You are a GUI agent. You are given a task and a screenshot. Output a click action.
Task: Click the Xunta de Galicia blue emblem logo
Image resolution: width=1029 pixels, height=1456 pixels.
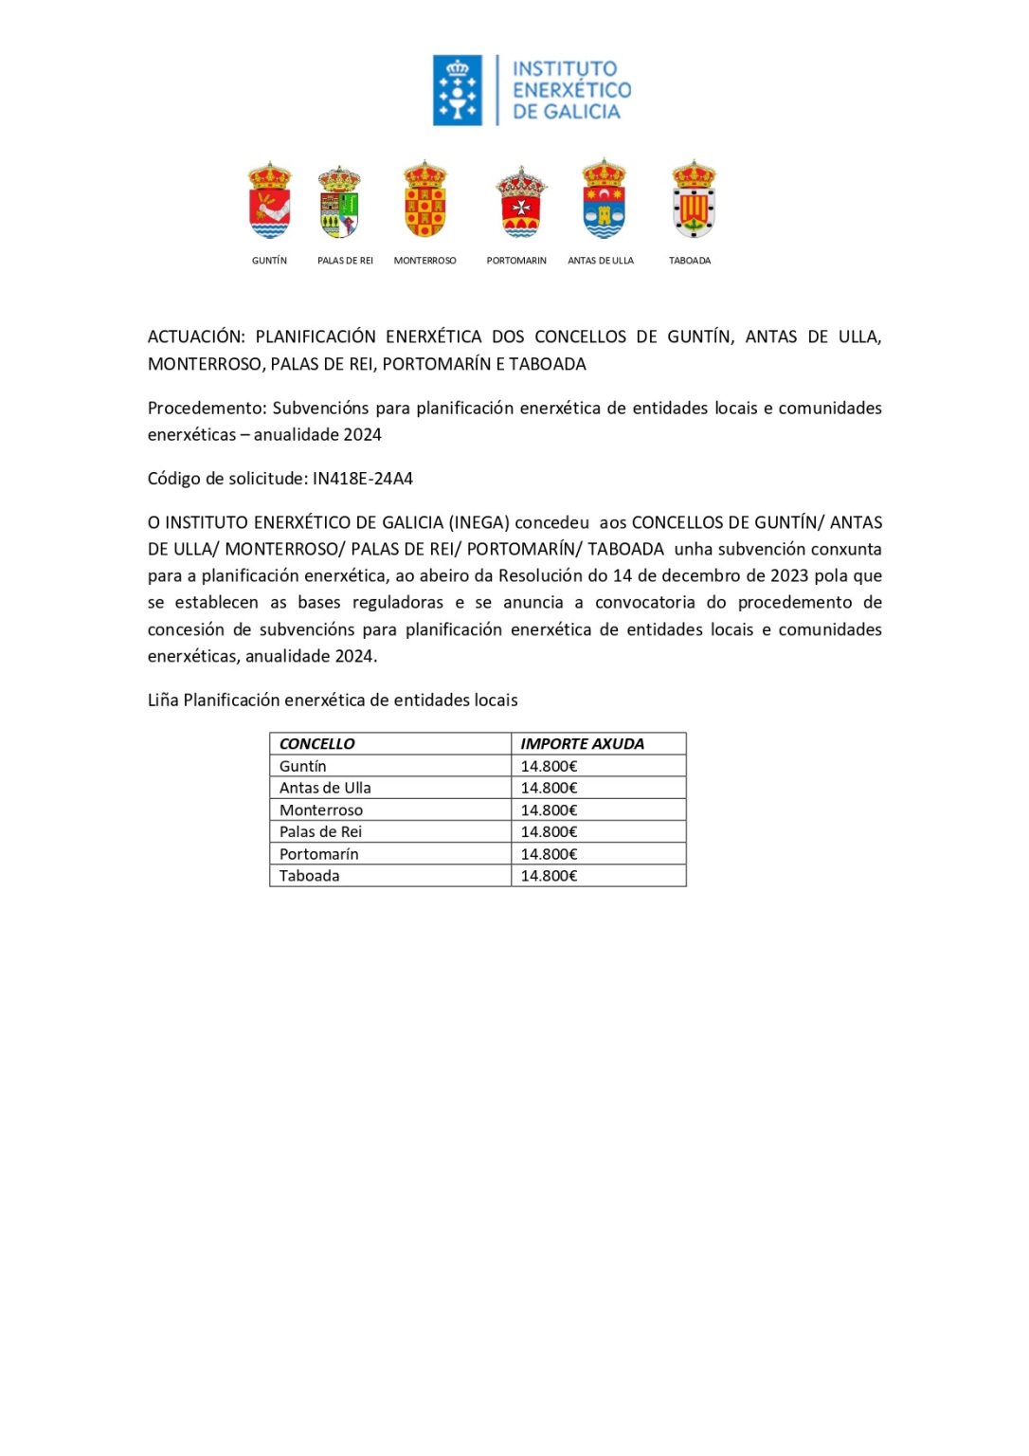[458, 90]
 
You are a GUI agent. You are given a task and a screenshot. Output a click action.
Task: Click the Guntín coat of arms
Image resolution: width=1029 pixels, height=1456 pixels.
[269, 201]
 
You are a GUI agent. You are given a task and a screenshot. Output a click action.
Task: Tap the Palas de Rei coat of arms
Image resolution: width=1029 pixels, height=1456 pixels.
[339, 202]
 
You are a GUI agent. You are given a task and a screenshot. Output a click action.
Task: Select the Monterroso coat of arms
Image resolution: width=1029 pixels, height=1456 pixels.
[424, 200]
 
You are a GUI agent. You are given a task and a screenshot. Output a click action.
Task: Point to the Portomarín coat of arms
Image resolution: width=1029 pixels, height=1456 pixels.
[521, 202]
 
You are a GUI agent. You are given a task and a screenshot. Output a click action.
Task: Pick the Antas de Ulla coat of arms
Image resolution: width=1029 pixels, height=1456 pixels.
[604, 199]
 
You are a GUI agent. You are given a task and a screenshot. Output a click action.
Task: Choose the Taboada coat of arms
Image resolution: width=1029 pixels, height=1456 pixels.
[694, 200]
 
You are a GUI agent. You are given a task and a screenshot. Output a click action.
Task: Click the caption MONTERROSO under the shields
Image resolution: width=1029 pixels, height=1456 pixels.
[424, 261]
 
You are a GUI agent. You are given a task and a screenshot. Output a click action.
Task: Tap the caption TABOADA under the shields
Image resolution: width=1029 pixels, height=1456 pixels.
[690, 261]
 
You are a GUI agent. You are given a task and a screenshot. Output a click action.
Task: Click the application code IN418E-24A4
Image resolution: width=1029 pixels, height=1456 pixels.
[363, 479]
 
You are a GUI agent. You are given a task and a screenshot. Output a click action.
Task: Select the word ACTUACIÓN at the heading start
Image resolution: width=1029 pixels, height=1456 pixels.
[196, 337]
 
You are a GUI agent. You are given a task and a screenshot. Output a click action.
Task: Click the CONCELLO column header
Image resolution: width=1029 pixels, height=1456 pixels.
[317, 744]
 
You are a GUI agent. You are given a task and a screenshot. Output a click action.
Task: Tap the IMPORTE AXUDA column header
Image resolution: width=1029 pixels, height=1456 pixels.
[582, 744]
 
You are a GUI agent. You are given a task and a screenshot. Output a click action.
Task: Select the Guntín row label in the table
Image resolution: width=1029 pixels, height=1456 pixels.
[302, 766]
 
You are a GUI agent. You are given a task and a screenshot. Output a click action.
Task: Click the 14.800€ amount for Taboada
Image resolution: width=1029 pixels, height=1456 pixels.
[549, 876]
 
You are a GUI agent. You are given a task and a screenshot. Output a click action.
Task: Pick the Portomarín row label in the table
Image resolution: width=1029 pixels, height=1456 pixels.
[318, 854]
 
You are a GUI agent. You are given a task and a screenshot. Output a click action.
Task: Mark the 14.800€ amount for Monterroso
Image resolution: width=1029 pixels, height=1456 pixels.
[549, 810]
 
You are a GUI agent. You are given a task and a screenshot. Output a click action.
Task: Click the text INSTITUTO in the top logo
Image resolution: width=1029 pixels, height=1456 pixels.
[565, 69]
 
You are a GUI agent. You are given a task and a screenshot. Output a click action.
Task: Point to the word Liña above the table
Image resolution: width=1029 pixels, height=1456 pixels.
[163, 701]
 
